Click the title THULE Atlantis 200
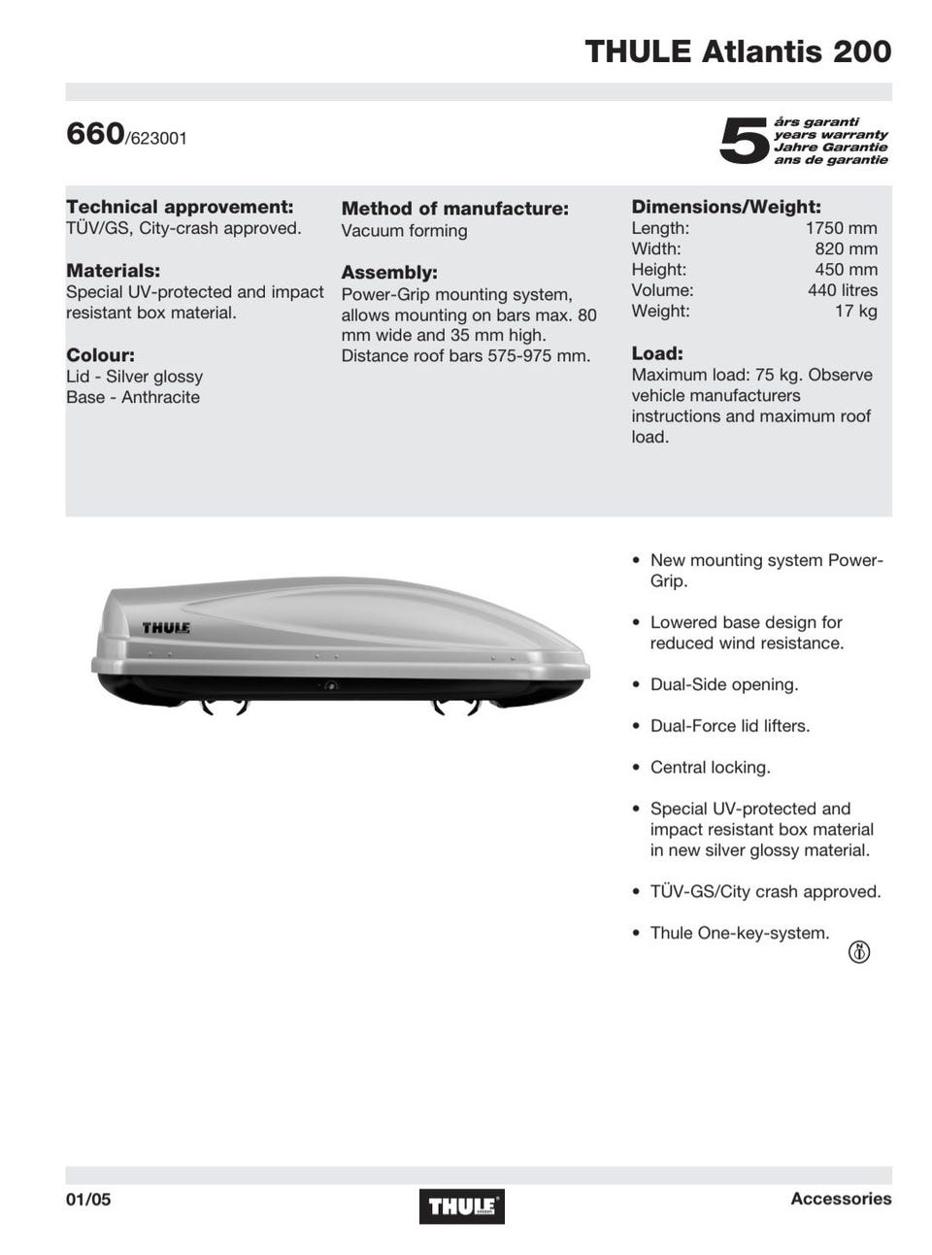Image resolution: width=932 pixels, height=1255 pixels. point(738,50)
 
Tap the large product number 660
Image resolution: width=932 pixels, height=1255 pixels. point(95,133)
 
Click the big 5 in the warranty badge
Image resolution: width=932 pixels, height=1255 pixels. point(744,141)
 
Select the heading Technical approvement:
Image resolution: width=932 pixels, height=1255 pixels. point(180,207)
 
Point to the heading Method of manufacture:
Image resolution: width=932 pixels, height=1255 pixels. point(454,209)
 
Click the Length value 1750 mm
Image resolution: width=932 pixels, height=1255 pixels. point(841,228)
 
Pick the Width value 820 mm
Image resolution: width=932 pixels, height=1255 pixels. point(846,248)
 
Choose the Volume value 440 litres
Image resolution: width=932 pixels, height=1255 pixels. point(842,290)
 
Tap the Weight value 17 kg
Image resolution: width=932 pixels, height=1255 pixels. point(855,311)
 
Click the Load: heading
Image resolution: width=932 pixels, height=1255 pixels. point(657,353)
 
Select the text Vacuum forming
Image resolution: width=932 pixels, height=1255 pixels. point(404,231)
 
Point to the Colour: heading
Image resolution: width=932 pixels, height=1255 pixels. point(100,355)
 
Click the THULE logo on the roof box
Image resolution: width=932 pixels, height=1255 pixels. point(166,628)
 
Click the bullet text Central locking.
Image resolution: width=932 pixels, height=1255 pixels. point(710,767)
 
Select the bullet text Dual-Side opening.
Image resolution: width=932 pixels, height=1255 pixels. point(723,684)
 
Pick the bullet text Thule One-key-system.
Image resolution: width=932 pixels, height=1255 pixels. point(740,933)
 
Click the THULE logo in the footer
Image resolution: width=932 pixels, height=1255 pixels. point(462,1206)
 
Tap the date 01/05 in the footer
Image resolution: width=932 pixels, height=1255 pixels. point(88,1200)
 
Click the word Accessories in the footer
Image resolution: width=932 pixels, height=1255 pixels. point(841,1199)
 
